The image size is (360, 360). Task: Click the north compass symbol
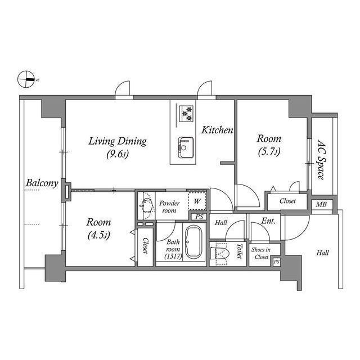tap(26, 79)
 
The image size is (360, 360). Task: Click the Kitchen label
tap(217, 130)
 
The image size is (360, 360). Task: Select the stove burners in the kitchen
tap(185, 112)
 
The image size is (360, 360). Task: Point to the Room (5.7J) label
tap(269, 145)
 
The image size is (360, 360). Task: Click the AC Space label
tap(321, 159)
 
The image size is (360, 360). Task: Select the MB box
tap(322, 205)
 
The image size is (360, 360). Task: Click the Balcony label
tap(42, 183)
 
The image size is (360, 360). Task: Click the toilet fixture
tap(220, 254)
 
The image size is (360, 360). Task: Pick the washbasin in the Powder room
tap(147, 206)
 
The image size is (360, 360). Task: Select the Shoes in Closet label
tap(260, 253)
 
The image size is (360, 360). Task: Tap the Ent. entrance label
tap(268, 222)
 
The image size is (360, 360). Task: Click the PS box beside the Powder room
tap(198, 217)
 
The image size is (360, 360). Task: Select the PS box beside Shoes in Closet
tap(276, 262)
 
